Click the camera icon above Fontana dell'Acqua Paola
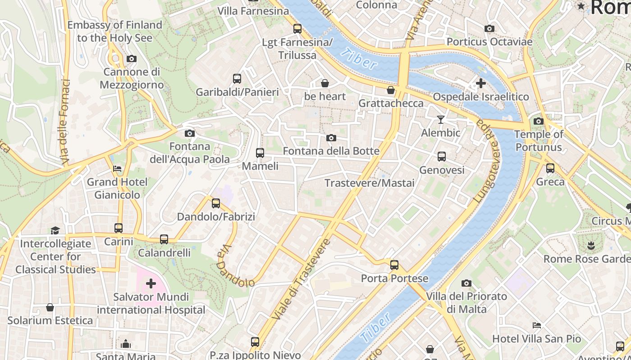(190, 133)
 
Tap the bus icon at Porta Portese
(394, 265)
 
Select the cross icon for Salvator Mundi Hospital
(151, 283)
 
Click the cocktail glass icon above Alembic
(441, 119)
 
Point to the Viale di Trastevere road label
(302, 280)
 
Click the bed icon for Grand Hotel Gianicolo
(117, 169)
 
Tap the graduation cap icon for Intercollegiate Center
(55, 230)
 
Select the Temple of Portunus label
(539, 141)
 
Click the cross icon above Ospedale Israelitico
(481, 83)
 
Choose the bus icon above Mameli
(260, 153)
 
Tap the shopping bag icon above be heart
(325, 83)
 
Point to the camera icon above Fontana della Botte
(331, 138)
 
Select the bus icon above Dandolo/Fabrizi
(216, 203)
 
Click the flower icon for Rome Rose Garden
(590, 246)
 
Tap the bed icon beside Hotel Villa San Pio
(536, 325)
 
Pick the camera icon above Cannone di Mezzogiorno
(132, 58)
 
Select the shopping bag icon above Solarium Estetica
(50, 307)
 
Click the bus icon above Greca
(550, 168)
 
